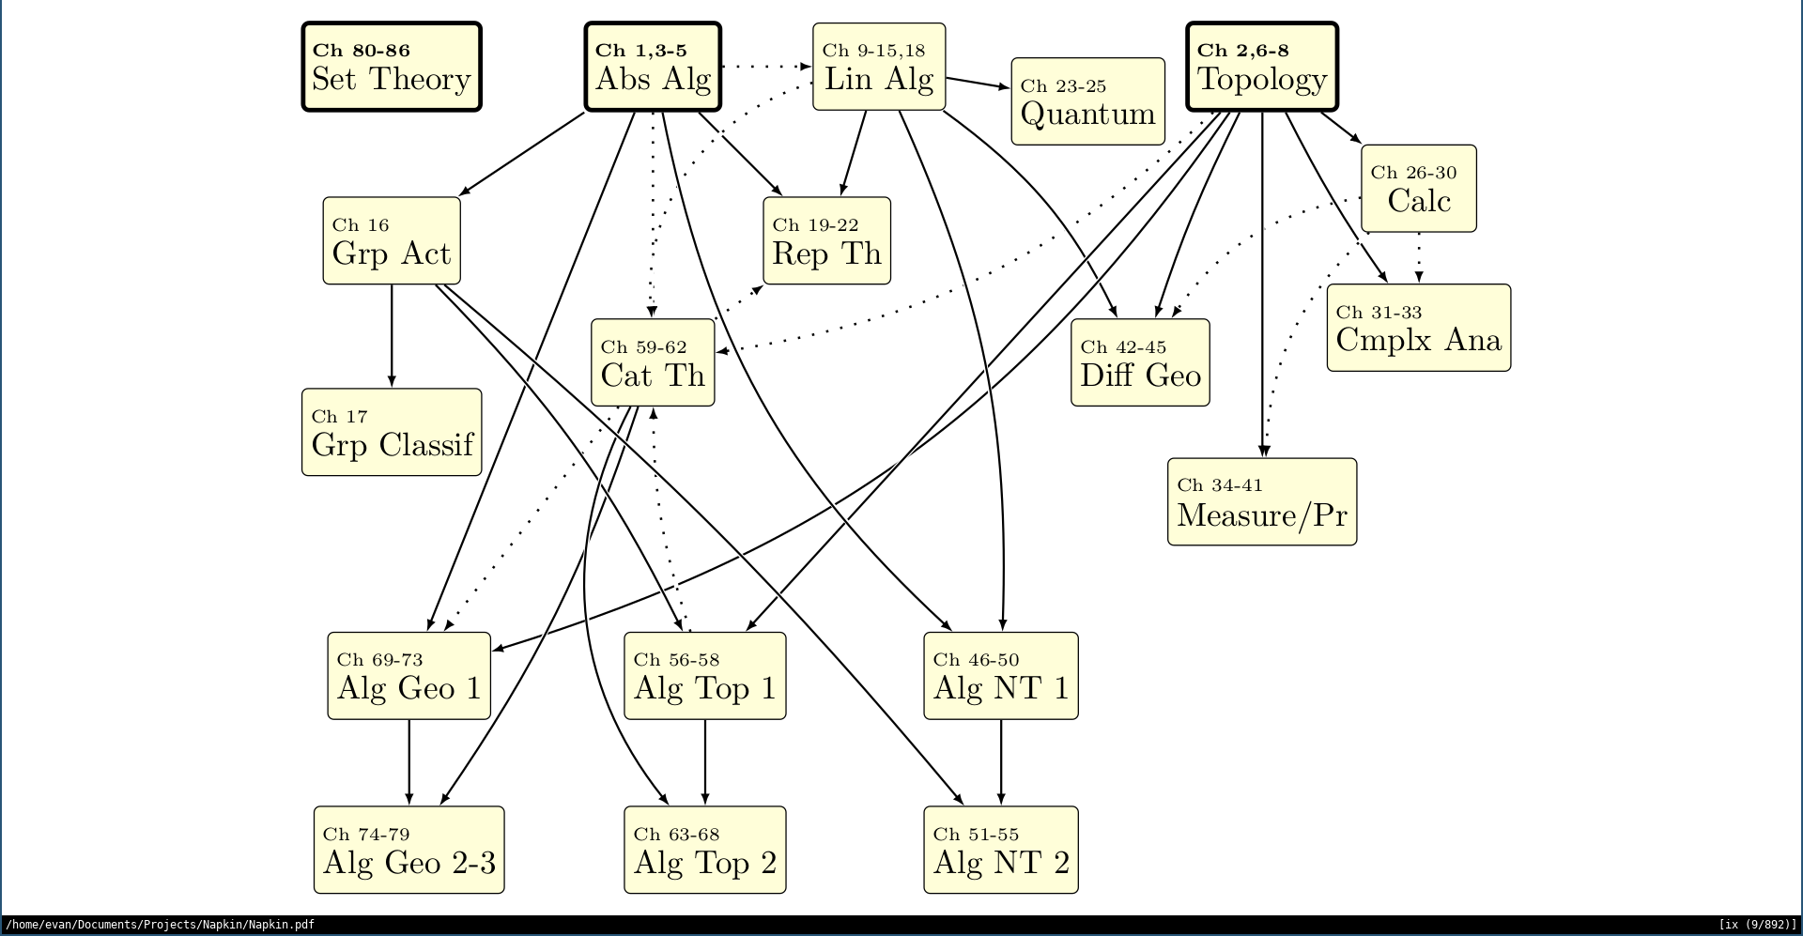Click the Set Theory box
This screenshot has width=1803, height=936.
click(392, 68)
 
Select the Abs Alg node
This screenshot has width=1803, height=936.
click(653, 68)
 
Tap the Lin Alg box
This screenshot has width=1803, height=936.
click(879, 68)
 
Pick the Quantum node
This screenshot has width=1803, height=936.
click(1087, 102)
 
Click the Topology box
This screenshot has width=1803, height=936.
click(1262, 68)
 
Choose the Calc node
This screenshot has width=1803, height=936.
click(1418, 189)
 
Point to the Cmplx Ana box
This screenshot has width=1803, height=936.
click(1418, 328)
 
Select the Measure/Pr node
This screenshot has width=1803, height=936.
click(1262, 502)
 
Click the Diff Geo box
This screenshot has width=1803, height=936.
click(1140, 363)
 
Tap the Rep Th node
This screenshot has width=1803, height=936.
click(826, 241)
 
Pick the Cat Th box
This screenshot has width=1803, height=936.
click(653, 363)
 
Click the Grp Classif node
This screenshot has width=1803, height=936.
click(392, 433)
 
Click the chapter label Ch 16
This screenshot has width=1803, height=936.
click(361, 225)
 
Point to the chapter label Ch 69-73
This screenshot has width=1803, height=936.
click(380, 660)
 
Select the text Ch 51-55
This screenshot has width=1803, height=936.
click(976, 835)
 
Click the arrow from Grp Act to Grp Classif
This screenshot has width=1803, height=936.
click(392, 336)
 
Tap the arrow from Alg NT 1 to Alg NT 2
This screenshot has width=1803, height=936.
click(1001, 762)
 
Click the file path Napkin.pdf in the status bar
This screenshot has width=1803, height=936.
click(160, 925)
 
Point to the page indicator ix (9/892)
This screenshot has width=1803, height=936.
click(1757, 925)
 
